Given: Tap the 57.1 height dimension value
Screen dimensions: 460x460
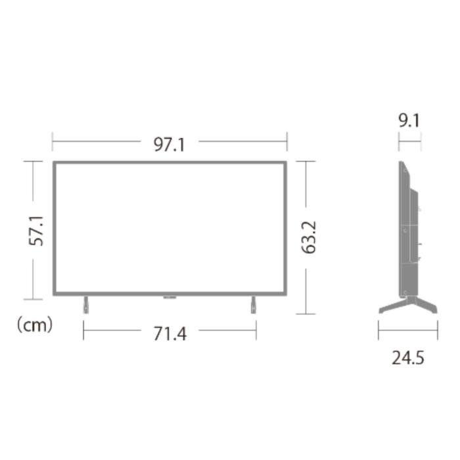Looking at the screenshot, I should click(x=38, y=230).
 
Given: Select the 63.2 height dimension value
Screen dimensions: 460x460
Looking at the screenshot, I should click(x=310, y=237).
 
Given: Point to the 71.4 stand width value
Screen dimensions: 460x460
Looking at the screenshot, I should click(x=170, y=333).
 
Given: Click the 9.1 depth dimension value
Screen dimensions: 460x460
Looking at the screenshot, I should click(x=409, y=121).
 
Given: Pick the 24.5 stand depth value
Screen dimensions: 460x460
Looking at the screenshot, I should click(x=408, y=358).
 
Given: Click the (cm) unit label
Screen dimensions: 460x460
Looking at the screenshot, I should click(x=34, y=325).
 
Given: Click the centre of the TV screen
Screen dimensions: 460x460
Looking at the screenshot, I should click(x=170, y=227).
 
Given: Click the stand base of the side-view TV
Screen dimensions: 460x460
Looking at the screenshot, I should click(x=407, y=305).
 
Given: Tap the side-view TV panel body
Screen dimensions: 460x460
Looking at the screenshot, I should click(x=407, y=230).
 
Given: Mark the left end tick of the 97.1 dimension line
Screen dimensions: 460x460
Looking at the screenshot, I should click(x=53, y=141).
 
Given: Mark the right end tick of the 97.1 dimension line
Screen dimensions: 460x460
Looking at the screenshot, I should click(x=287, y=141).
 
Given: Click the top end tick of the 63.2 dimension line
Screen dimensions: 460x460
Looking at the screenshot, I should click(x=306, y=161).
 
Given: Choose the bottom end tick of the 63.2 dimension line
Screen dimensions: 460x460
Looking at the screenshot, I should click(x=306, y=313).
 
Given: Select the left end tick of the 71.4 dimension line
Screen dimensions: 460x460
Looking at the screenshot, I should click(x=83, y=330).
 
